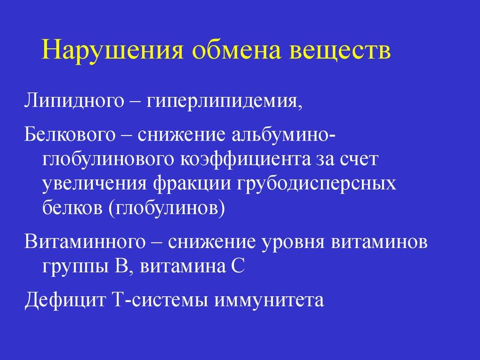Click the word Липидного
tap(74, 101)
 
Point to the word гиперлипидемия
tap(224, 101)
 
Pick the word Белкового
tap(70, 135)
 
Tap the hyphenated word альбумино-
tap(283, 134)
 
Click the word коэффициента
tap(245, 160)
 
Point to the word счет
tap(358, 160)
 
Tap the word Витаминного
tap(85, 242)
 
